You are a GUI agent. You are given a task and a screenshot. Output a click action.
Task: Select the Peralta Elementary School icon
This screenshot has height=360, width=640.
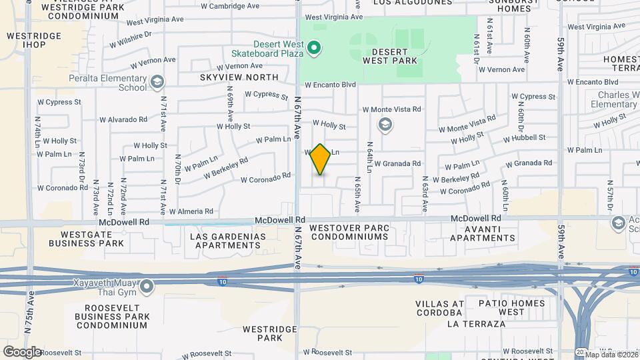[157, 83]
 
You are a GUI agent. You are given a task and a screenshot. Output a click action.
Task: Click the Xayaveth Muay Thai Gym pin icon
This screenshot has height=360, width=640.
[147, 287]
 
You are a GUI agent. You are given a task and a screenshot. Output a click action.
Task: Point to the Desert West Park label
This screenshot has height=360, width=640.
[390, 56]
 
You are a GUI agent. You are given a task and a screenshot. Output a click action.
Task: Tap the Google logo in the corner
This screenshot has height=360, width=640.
[22, 352]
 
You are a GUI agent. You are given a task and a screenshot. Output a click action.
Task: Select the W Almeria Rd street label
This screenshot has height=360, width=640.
[191, 211]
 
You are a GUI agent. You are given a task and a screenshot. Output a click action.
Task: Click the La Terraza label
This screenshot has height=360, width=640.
[477, 324]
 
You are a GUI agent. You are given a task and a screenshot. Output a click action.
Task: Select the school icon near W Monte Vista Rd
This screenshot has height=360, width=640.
[385, 125]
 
